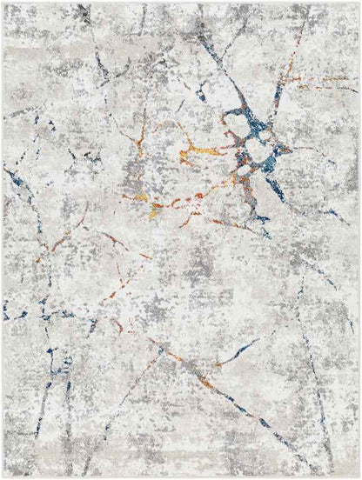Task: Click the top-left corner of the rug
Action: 3,3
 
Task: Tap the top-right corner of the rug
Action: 359,3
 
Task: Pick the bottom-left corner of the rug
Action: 3,477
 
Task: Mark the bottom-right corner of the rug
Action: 359,477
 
